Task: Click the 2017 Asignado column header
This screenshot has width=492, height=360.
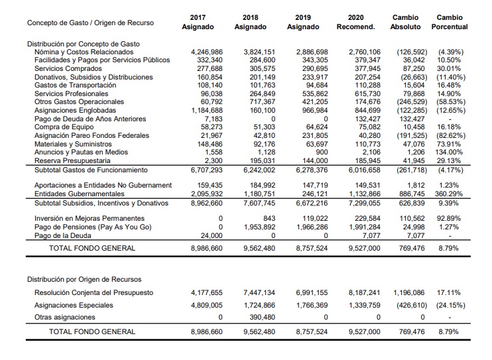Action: click(198, 22)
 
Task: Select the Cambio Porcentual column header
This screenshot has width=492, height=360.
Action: click(450, 22)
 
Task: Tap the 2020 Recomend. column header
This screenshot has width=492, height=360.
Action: click(355, 22)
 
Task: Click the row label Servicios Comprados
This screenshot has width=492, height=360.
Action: click(68, 68)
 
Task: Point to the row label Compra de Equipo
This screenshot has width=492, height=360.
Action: click(64, 127)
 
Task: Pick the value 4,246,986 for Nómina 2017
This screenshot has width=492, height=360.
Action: click(207, 52)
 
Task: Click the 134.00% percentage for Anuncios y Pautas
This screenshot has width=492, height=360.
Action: click(449, 152)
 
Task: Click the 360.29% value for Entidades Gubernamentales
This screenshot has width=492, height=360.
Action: click(449, 194)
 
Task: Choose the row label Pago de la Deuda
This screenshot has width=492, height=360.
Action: click(63, 236)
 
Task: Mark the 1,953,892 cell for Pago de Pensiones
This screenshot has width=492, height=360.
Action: click(259, 227)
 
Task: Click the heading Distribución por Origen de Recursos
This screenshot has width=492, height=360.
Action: click(84, 279)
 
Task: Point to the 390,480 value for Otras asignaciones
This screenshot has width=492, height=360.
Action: click(263, 318)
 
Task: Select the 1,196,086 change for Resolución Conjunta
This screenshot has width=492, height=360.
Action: click(409, 293)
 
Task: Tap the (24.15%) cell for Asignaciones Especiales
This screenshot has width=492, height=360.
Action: click(451, 306)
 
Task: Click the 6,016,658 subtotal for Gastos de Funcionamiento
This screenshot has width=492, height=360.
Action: click(365, 170)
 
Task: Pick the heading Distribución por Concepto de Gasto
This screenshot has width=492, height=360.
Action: click(83, 44)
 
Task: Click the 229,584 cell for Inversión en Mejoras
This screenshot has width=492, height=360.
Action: click(367, 218)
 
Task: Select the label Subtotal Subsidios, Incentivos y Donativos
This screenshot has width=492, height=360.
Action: click(101, 204)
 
